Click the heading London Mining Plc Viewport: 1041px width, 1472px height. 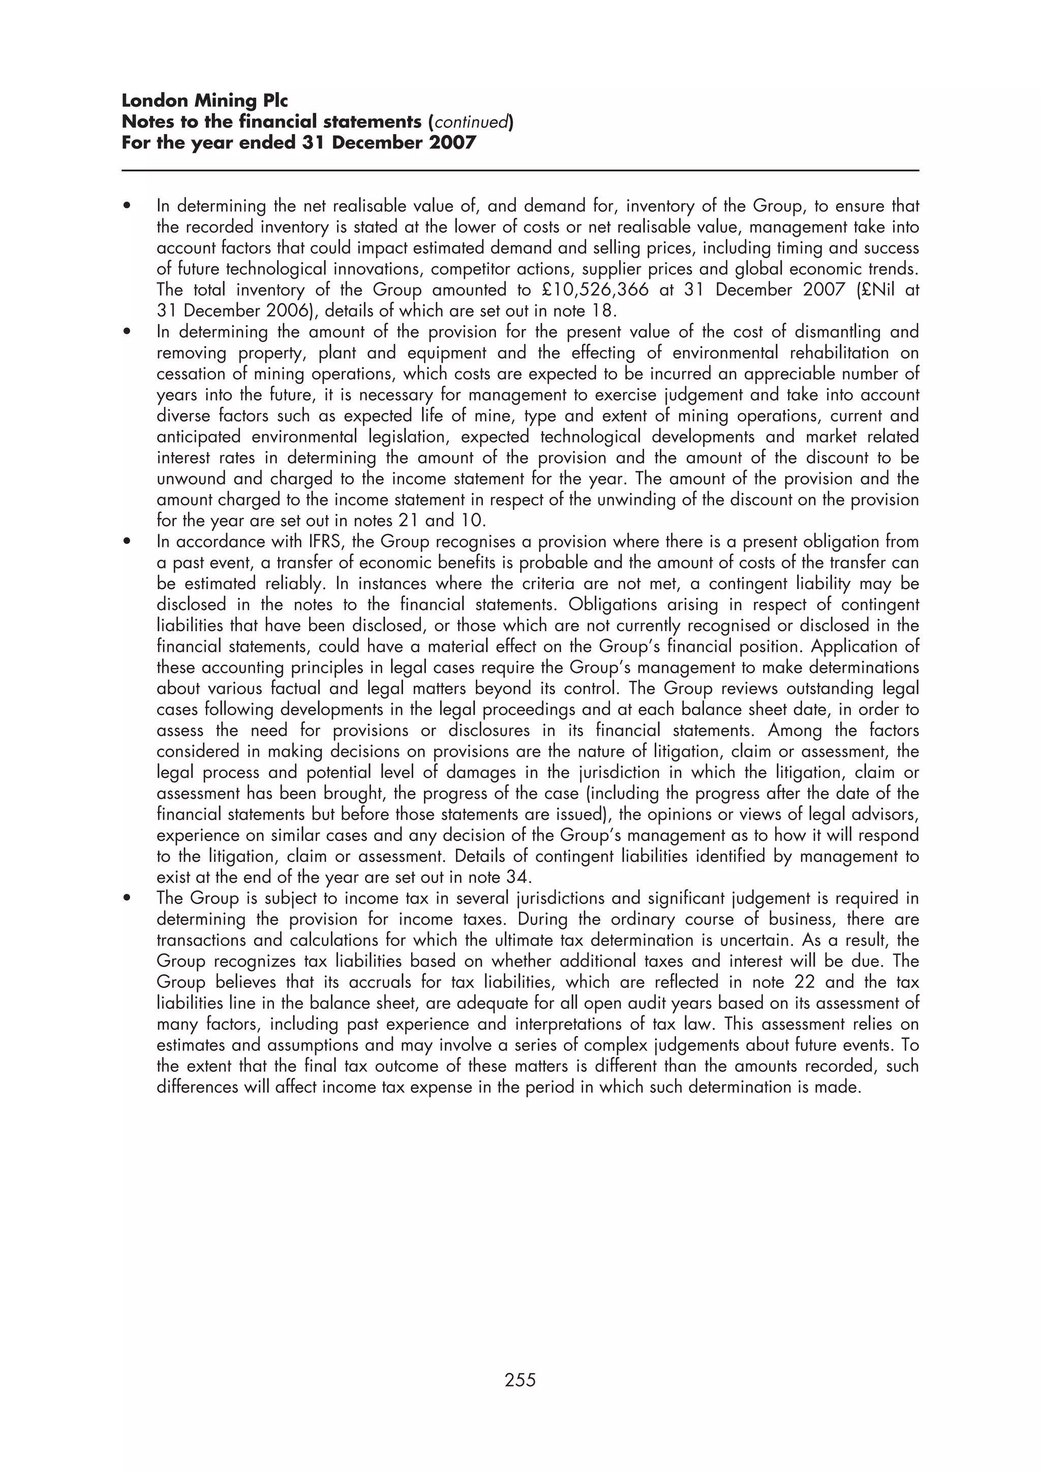click(x=205, y=101)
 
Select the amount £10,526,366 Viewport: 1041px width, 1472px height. click(x=595, y=290)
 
